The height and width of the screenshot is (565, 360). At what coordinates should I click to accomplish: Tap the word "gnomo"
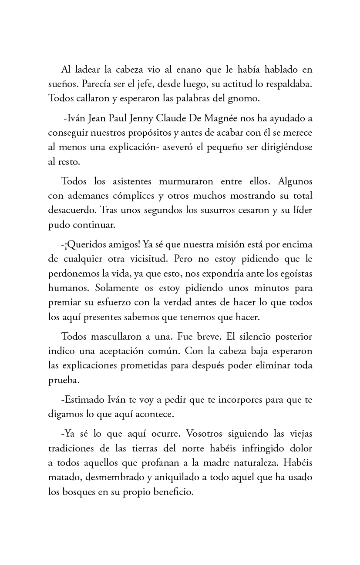point(245,98)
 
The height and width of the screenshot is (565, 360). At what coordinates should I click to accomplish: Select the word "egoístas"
point(294,273)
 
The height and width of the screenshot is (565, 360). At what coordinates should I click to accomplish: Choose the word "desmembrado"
point(115,477)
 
